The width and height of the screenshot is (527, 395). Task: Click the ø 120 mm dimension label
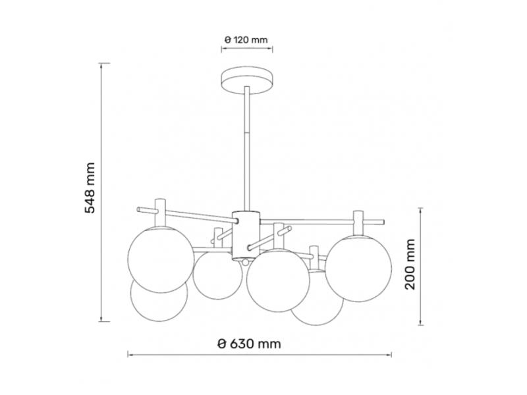click(x=246, y=40)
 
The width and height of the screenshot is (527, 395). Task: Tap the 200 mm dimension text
click(x=410, y=265)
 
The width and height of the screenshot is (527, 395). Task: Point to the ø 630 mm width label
click(x=249, y=344)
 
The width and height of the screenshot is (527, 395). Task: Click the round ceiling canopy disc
click(x=247, y=80)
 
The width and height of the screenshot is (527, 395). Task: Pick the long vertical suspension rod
click(x=247, y=149)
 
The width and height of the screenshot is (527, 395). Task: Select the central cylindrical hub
click(x=246, y=236)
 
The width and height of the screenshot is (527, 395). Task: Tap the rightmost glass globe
click(x=358, y=269)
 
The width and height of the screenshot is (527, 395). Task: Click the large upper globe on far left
click(x=161, y=259)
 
